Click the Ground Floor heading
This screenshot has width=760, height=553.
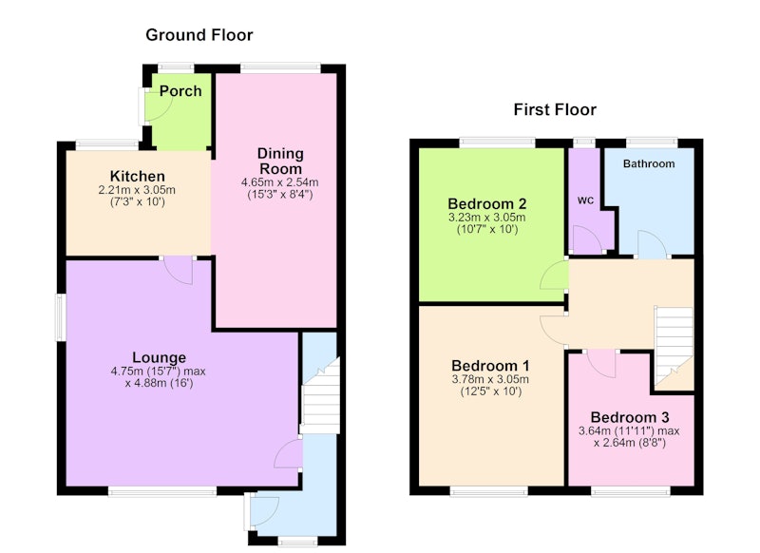[x=199, y=35]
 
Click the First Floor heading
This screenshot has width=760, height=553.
[x=555, y=109]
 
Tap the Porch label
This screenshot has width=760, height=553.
[x=180, y=90]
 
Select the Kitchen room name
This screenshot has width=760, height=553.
[x=137, y=176]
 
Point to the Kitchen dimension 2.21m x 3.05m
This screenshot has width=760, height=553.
[x=137, y=190]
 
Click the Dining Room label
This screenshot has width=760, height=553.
[x=280, y=161]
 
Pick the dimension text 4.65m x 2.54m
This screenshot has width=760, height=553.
[x=279, y=182]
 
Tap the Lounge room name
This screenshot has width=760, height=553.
[x=159, y=357]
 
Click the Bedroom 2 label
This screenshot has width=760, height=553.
[x=486, y=203]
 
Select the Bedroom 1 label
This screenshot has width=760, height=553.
[x=490, y=366]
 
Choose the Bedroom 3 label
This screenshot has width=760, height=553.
[x=630, y=417]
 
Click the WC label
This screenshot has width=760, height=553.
[x=585, y=200]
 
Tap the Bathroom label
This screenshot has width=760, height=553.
[x=649, y=163]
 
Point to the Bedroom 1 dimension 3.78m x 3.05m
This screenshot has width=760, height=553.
[x=490, y=379]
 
